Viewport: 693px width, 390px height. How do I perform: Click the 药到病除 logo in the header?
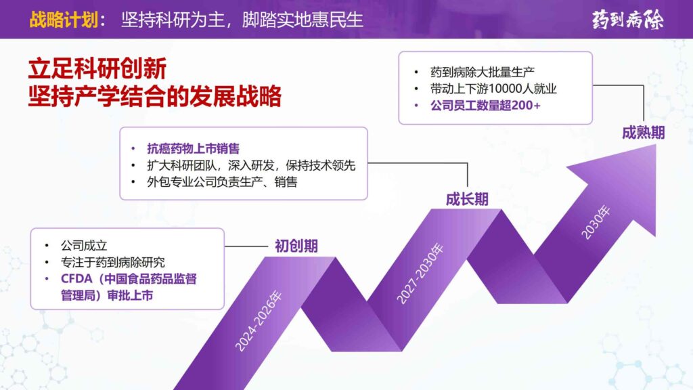[627, 19]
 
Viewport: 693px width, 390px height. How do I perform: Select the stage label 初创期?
[296, 246]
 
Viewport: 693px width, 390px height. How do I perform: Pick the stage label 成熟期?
[643, 133]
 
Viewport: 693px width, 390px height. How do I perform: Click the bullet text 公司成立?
[84, 245]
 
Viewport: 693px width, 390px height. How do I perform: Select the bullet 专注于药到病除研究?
[112, 262]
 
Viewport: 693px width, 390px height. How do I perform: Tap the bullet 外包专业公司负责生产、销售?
[222, 182]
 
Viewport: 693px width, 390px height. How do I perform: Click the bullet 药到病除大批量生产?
[483, 71]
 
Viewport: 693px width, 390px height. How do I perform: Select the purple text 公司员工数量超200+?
[485, 106]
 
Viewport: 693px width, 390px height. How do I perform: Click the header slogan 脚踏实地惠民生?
[311, 20]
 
